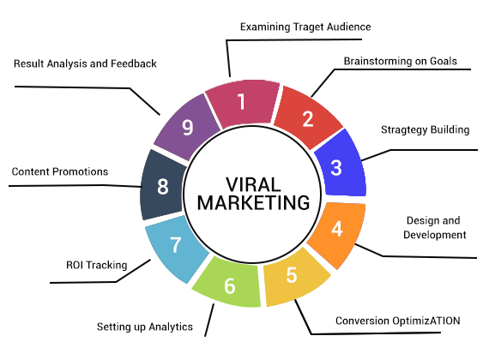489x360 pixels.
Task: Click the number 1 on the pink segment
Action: pos(241,102)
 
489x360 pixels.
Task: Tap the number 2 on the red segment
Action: pos(308,119)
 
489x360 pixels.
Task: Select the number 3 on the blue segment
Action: pos(336,168)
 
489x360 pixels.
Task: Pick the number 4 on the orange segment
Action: pos(337,229)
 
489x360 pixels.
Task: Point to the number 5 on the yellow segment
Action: pos(292,275)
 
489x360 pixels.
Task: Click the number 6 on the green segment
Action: pos(230,286)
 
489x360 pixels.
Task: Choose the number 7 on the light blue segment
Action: pos(176,244)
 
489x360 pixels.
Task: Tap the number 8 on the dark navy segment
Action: pos(163,187)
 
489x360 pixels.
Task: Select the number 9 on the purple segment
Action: pos(187,127)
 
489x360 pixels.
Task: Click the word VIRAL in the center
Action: pos(253,184)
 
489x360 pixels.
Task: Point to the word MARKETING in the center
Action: pos(254,203)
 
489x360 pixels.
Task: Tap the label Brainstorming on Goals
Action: pos(401,61)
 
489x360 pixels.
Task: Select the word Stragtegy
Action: pos(403,130)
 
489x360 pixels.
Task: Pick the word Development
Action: pos(435,235)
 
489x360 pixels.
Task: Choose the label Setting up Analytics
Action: pos(145,327)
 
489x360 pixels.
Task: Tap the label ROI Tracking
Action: pos(97,265)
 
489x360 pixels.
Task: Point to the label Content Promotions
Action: pos(60,171)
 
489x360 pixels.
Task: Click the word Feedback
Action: pos(134,63)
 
